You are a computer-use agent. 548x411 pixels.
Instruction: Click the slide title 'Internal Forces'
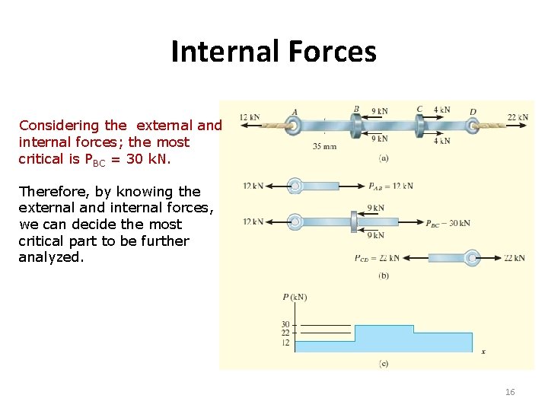pos(273,52)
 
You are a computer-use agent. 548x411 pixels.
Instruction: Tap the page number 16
pos(509,392)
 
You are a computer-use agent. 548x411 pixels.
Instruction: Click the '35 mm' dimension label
pos(324,146)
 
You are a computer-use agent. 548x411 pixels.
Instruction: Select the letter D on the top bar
pos(473,112)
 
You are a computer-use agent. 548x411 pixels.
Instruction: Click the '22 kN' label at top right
pos(518,117)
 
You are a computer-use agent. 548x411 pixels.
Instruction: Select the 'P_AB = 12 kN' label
pos(390,186)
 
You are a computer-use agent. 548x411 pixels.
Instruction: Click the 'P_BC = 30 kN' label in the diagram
pos(448,224)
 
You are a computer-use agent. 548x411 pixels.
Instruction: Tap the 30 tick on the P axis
pos(285,325)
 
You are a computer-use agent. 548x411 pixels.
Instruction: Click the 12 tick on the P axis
pos(285,342)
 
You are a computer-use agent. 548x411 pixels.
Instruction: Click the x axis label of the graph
pos(483,351)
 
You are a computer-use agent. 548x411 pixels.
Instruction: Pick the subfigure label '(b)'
pos(383,276)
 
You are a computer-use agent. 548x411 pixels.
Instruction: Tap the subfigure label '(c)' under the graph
pos(383,364)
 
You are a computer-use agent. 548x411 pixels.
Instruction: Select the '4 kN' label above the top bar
pos(441,110)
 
